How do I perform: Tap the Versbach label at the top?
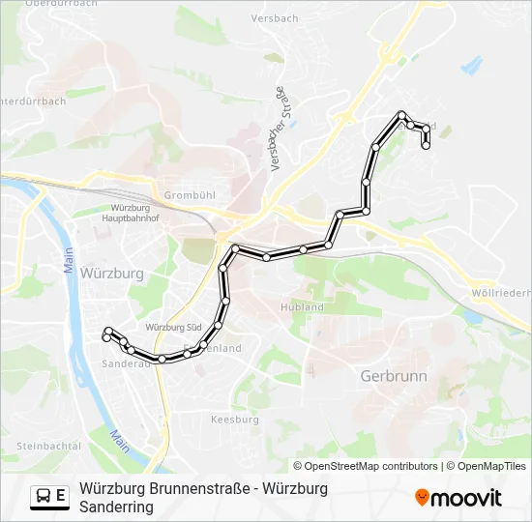click(273, 19)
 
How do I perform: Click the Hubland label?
click(302, 306)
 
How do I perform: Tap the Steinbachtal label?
click(47, 446)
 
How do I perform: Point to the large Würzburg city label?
click(112, 274)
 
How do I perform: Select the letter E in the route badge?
click(61, 497)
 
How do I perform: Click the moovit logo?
click(458, 498)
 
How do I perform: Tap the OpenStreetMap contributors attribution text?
click(366, 466)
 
